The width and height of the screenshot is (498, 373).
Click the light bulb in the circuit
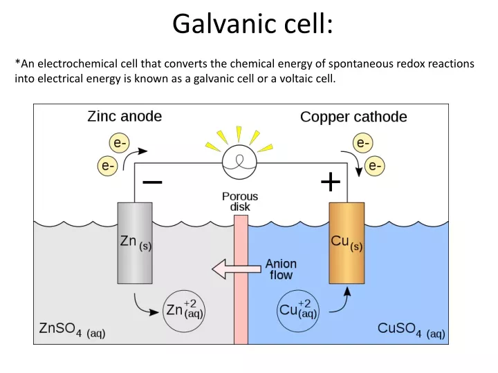coord(239,163)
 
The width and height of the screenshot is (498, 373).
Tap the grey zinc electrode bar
coord(135,243)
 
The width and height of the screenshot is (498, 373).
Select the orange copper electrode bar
coord(347,243)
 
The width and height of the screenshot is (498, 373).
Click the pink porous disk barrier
coord(241,280)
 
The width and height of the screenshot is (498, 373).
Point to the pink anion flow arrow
coord(237,269)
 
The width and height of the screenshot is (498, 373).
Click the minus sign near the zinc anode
coord(152,182)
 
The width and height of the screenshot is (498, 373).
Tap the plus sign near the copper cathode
coord(331,182)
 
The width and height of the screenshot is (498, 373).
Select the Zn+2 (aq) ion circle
coord(184,311)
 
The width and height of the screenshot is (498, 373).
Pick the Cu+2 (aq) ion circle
coord(298,311)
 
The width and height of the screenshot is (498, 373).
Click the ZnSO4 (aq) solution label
coord(72,329)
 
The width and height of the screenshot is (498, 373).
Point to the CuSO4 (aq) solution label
coord(412,329)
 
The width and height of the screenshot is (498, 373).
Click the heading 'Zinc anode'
coord(124,117)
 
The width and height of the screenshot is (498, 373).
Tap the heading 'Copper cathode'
coord(353,117)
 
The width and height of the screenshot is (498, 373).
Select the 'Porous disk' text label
coord(240,202)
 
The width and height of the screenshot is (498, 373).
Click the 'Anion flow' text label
coord(281,269)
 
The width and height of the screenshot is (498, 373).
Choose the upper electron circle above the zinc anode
coord(120,143)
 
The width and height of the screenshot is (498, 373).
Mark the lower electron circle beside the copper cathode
coord(375,166)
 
